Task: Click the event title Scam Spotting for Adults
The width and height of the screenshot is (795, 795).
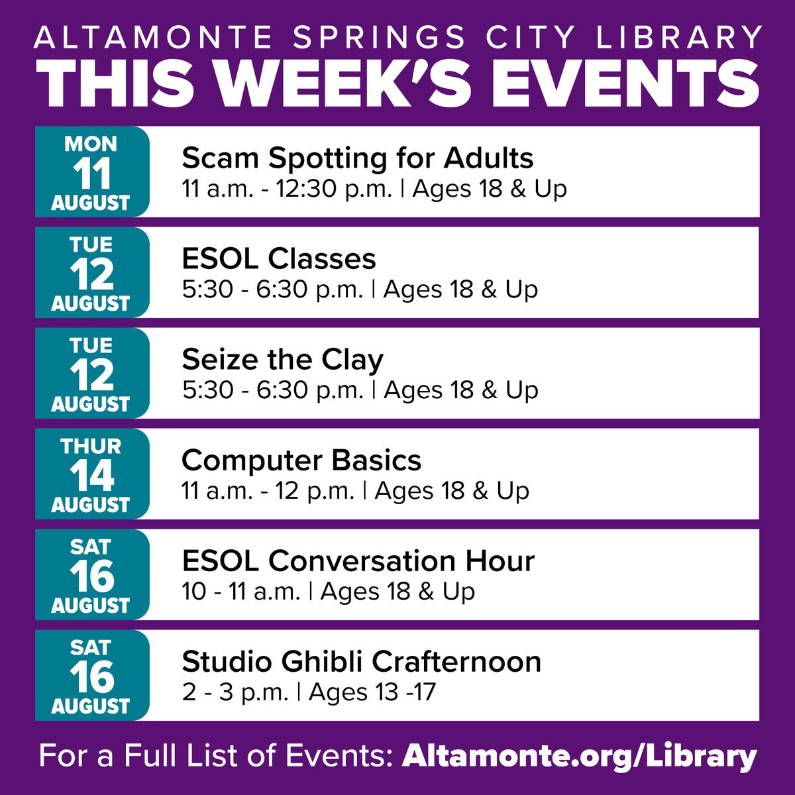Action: pos(358,158)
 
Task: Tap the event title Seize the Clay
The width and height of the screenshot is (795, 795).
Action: pos(283,360)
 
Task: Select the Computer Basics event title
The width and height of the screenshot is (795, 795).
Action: pos(301,460)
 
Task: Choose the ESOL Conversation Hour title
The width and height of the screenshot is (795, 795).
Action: pos(358,561)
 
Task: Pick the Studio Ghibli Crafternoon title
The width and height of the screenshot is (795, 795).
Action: pos(362,662)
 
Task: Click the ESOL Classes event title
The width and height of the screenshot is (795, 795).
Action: pos(279,259)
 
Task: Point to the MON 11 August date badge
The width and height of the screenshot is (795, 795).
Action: pos(92,172)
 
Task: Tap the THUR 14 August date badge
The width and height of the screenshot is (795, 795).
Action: pos(92,474)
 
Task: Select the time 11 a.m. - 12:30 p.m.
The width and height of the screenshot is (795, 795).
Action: pos(288,189)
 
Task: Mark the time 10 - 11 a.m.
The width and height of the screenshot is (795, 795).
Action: pos(241,592)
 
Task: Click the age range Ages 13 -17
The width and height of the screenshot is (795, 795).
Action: pos(372,692)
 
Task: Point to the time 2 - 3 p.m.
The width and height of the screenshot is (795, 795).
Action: pos(235,692)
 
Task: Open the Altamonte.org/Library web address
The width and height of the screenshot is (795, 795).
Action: pos(579,755)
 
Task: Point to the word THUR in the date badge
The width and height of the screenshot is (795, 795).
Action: pos(91,446)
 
